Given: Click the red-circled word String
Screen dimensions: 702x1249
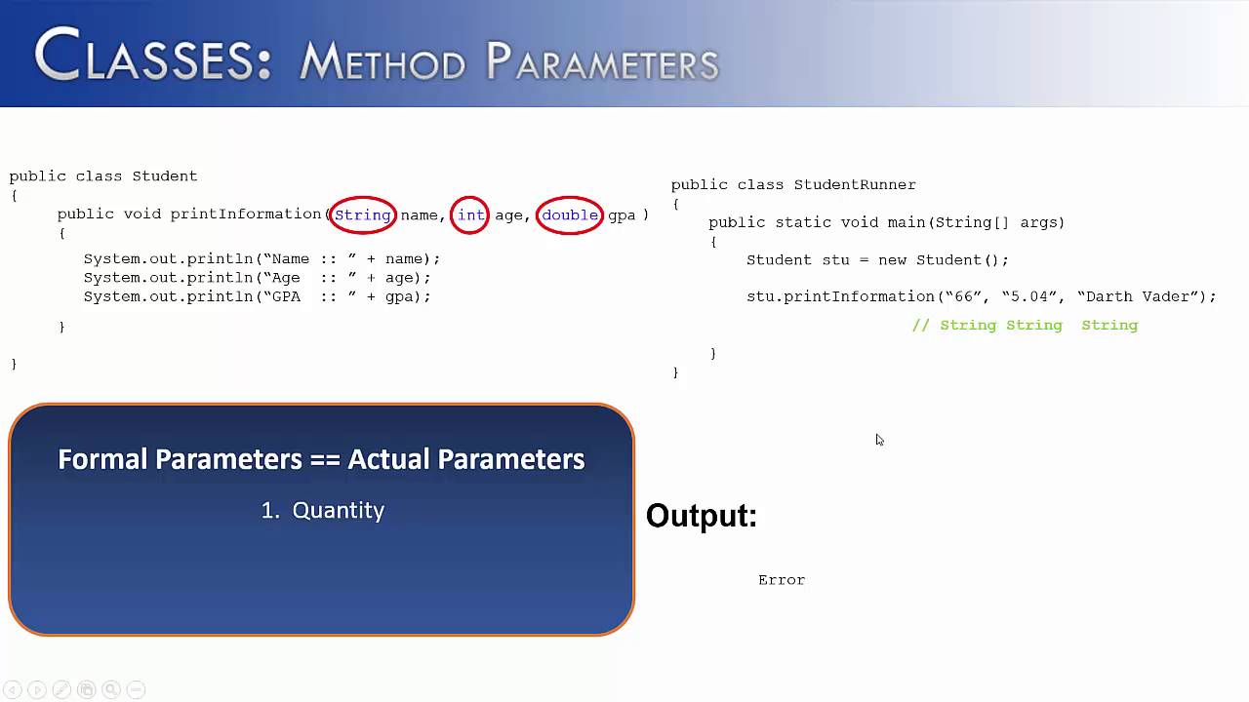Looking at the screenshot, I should click(363, 215).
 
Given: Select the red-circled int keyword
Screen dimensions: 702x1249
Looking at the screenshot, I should click(470, 215).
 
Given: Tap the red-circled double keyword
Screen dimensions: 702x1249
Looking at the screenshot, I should click(570, 215).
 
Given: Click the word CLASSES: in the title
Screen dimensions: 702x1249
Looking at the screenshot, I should click(153, 58).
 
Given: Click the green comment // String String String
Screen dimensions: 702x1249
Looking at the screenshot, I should click(1025, 326).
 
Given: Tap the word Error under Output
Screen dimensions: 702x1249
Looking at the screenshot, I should click(782, 580).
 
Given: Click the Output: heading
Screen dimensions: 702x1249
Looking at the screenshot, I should click(702, 516).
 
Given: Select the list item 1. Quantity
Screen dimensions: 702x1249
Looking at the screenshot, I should click(323, 510).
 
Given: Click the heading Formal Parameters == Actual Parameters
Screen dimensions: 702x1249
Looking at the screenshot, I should click(321, 459).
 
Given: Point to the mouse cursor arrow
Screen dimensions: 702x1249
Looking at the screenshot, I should click(878, 439).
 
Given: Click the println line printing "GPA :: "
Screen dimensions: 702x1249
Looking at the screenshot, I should click(257, 296).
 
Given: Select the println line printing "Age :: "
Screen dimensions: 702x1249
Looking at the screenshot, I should click(257, 278).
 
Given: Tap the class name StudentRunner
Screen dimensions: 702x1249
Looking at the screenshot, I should click(855, 185).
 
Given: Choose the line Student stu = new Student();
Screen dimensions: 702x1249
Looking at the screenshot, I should click(877, 260).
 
